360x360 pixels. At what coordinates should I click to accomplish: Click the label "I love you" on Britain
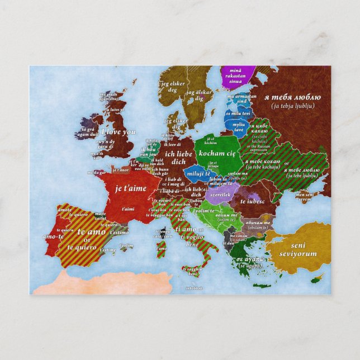(x=119, y=132)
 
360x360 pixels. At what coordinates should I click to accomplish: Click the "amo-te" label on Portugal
(x=53, y=236)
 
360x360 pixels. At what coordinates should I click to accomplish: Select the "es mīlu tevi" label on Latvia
(x=236, y=113)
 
